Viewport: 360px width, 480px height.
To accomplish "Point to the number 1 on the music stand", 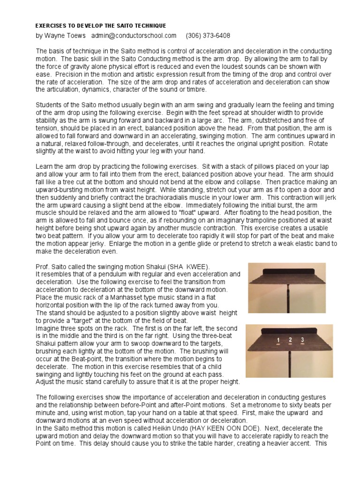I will (x=278, y=340).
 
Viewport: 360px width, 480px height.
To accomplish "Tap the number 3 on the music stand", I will (x=302, y=340).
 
